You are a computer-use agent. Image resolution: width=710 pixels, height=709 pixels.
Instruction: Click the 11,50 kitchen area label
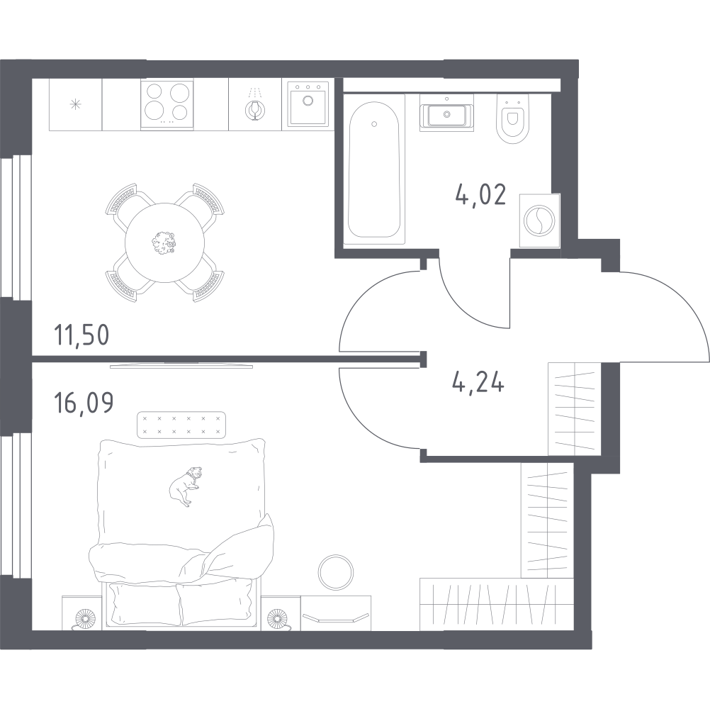[82, 334]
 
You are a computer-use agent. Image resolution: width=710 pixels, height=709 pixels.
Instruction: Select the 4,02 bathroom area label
[480, 195]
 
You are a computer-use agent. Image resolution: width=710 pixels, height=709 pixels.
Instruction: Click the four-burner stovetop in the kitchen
[167, 104]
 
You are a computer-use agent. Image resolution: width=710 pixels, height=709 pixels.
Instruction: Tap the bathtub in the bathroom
[375, 170]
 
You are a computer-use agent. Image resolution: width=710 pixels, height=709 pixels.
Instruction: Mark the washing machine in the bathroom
[539, 220]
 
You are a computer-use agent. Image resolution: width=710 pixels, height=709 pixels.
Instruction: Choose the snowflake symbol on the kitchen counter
[75, 104]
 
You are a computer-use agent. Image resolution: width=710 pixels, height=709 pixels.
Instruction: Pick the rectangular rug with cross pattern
[181, 425]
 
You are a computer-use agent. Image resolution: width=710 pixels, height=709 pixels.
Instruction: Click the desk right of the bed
[336, 612]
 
